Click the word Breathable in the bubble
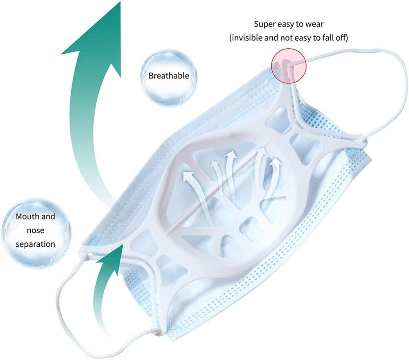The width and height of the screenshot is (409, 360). coord(169,76)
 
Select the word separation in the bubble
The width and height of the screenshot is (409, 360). coord(36,244)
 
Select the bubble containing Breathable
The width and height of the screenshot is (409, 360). coord(169,76)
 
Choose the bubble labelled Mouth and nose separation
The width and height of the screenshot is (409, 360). coord(36,230)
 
